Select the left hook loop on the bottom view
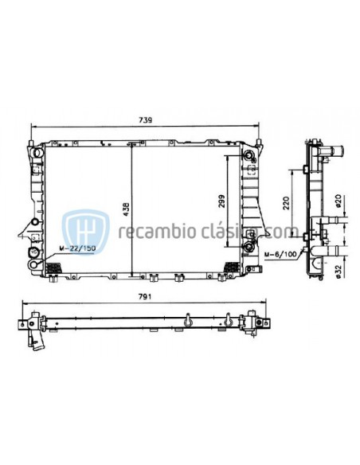[186, 321]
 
